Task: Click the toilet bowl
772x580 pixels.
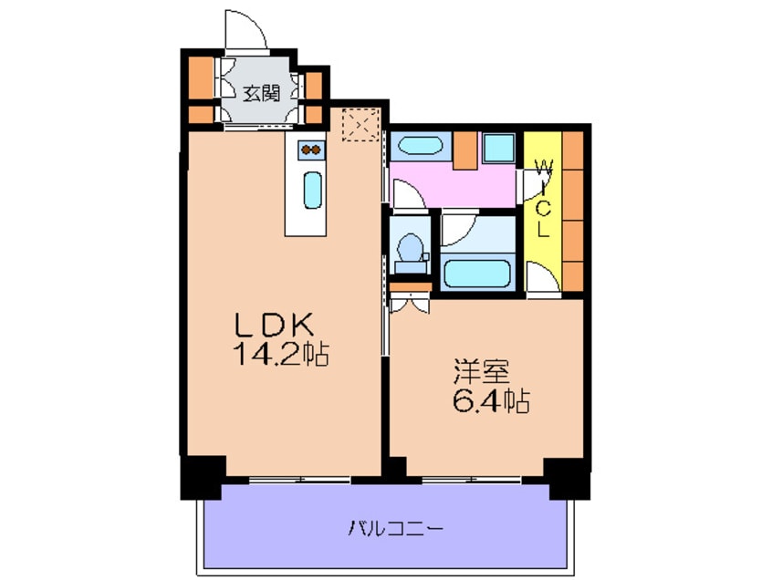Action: pos(412,247)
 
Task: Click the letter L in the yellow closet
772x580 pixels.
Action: pos(542,231)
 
